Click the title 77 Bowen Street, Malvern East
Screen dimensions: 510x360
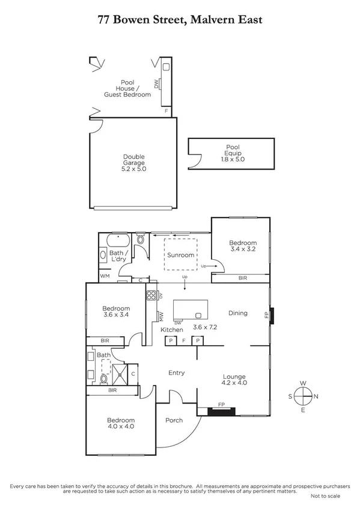click(x=180, y=20)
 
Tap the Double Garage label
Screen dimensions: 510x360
click(x=135, y=163)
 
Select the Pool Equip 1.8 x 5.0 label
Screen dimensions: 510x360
click(x=232, y=153)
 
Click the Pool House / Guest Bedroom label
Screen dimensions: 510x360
click(x=127, y=88)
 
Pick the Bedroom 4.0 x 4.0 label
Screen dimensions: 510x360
click(x=121, y=423)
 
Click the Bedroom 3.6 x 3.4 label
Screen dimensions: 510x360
click(x=117, y=312)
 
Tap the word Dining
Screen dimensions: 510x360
click(x=238, y=313)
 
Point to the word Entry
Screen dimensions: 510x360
click(x=176, y=373)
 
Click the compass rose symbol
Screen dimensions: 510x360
click(x=304, y=396)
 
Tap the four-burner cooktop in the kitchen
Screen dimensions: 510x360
click(x=151, y=295)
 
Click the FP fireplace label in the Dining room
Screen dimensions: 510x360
click(x=267, y=315)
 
